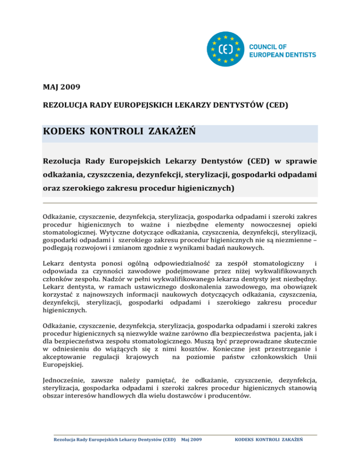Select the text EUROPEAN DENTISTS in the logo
282,55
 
